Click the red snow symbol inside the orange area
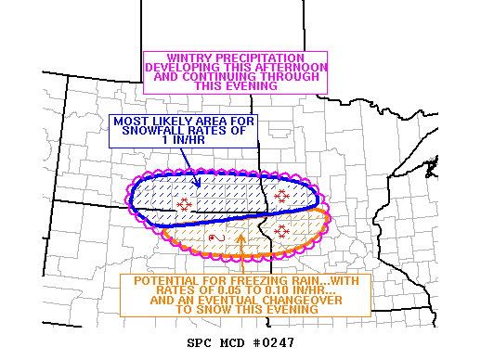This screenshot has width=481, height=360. [x=281, y=227]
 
